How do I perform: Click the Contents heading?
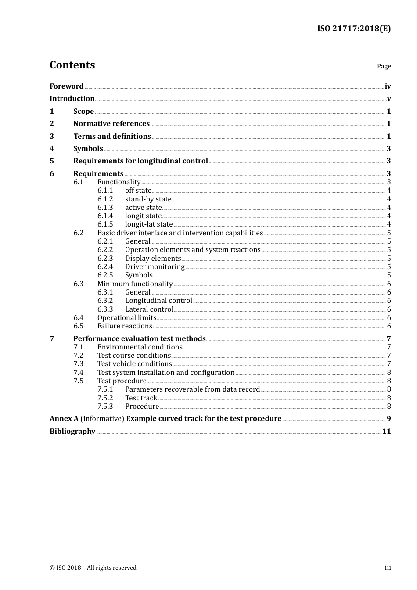(72, 65)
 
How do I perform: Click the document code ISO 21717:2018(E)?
(354, 29)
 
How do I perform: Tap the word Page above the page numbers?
(384, 66)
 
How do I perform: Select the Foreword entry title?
(66, 86)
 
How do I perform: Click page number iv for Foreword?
(388, 86)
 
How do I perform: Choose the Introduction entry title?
(72, 98)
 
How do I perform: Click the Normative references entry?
(111, 124)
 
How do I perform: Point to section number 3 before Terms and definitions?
(52, 136)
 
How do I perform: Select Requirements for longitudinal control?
(140, 161)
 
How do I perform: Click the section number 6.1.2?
(105, 199)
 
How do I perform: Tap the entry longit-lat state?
(149, 224)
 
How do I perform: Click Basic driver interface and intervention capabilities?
(180, 233)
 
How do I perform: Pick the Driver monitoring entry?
(155, 267)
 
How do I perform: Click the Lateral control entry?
(149, 309)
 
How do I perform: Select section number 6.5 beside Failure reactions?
(79, 326)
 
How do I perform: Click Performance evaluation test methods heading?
(139, 338)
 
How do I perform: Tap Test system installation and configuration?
(166, 373)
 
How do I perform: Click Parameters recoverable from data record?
(192, 389)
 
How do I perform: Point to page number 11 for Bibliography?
(386, 431)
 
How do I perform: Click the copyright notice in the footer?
(93, 568)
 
